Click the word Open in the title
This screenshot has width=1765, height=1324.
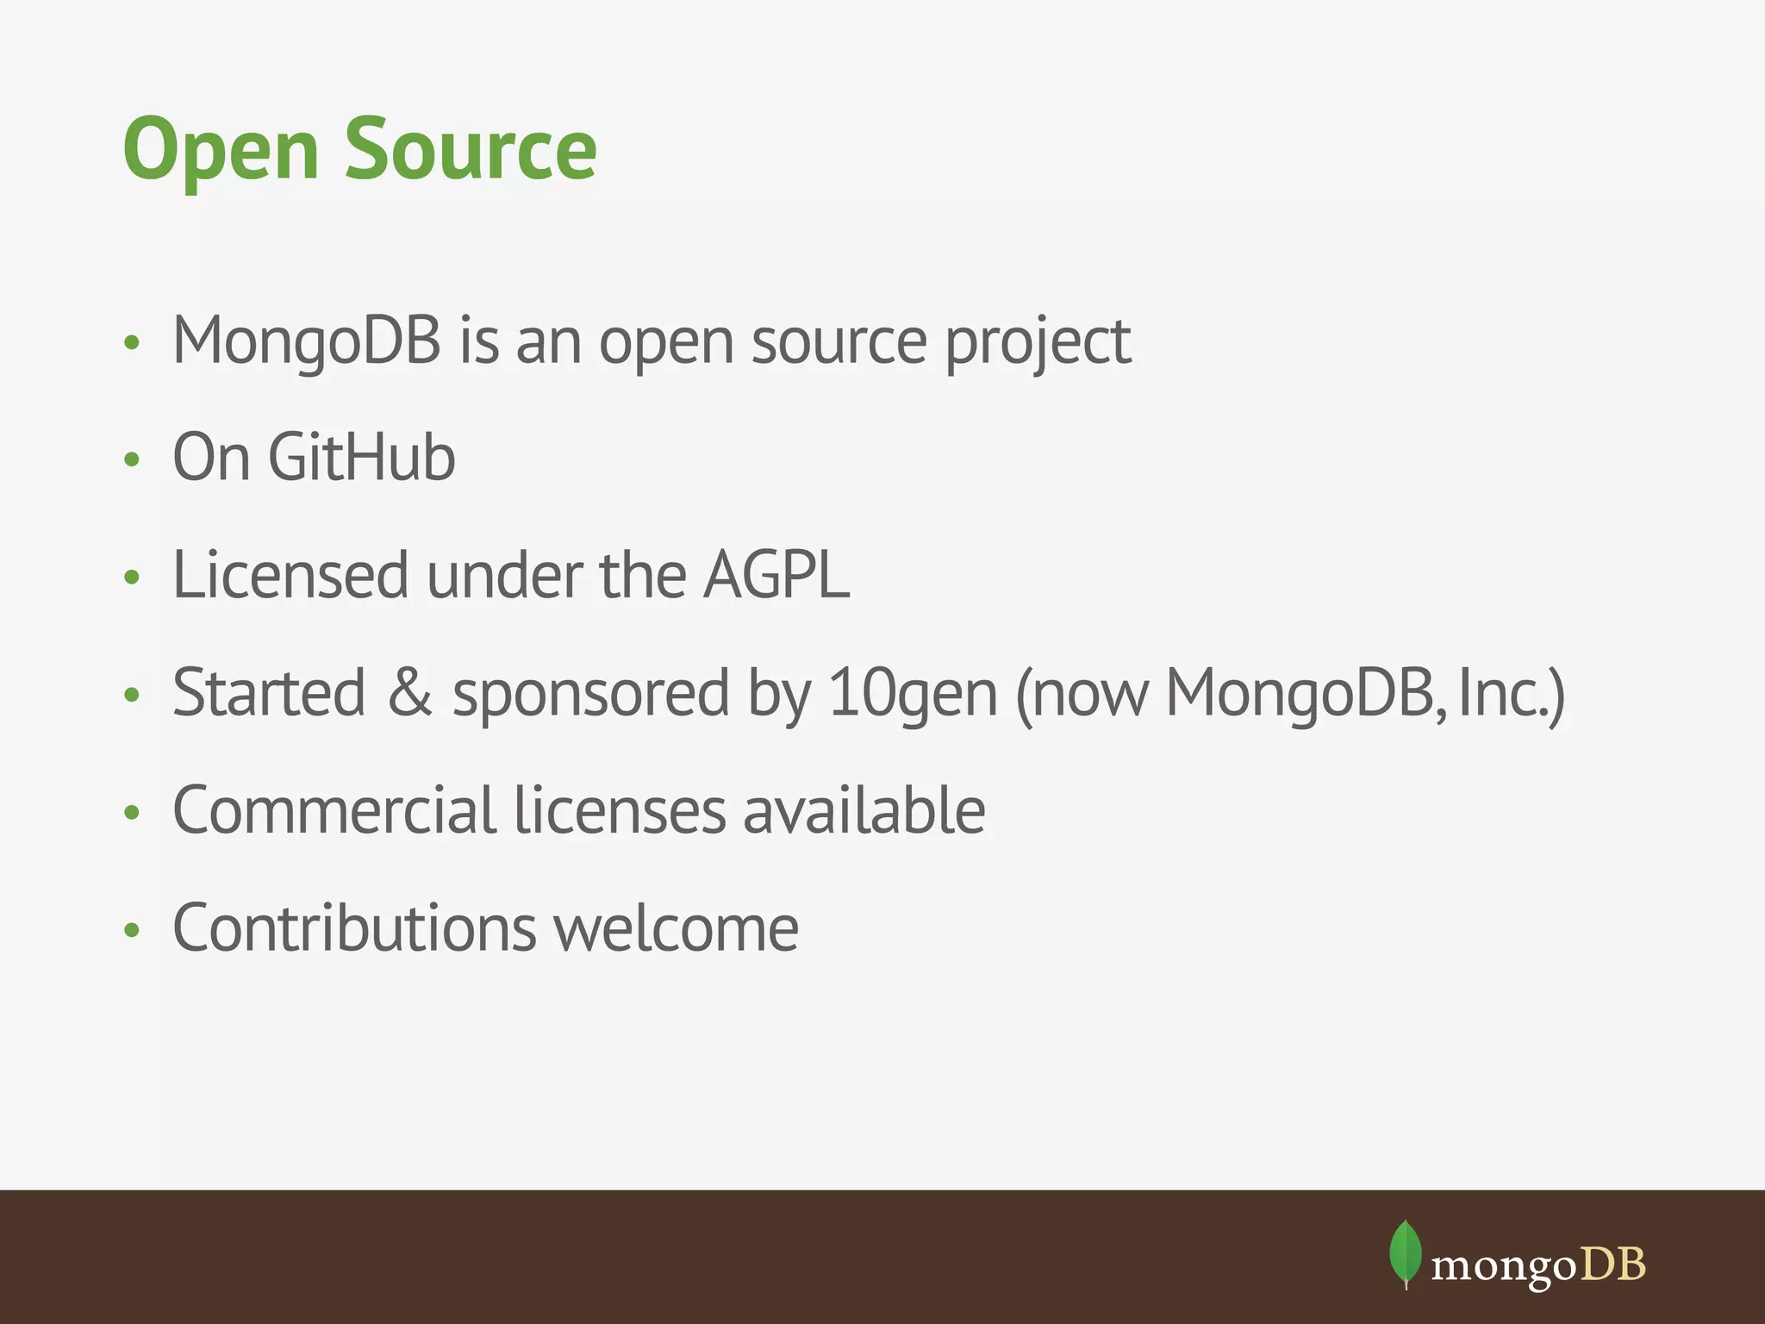[x=221, y=150]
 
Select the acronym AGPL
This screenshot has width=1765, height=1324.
[x=776, y=575]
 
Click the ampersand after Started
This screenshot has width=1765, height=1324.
[x=409, y=692]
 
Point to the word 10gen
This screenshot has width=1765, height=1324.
[x=912, y=695]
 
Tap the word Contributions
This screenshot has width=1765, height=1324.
[x=354, y=928]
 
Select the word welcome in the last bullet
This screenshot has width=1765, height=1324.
[x=676, y=928]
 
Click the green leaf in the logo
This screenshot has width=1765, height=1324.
[x=1405, y=1252]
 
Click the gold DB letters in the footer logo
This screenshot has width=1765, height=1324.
[x=1612, y=1265]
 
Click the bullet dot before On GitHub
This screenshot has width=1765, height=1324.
[x=131, y=459]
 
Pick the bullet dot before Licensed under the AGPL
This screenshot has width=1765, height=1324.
[x=131, y=577]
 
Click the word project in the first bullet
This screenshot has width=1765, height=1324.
[x=1037, y=343]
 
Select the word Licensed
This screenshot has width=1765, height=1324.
[x=290, y=575]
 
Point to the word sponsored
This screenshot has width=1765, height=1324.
[x=590, y=695]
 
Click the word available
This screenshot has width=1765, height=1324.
[x=864, y=810]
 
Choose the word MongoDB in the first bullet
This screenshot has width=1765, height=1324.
[x=307, y=341]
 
